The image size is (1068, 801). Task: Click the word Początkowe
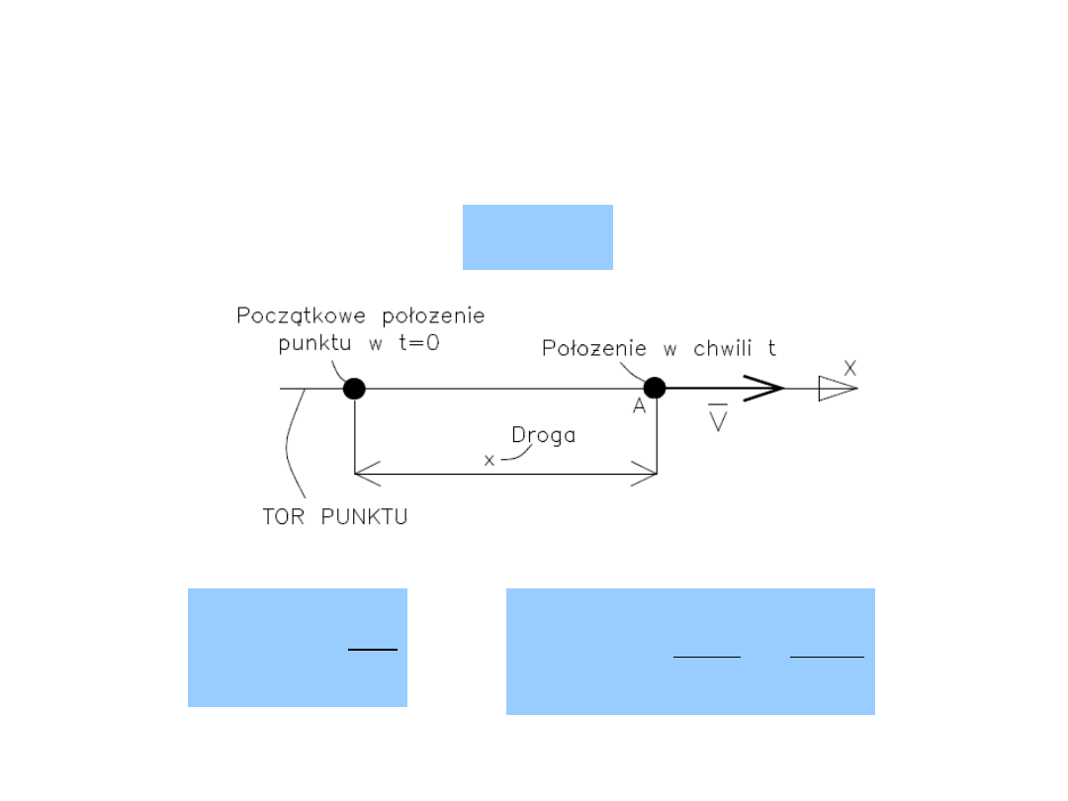click(288, 316)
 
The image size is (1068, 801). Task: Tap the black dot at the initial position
click(354, 389)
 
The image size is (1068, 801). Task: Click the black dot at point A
click(655, 389)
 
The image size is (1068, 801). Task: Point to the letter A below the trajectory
click(640, 407)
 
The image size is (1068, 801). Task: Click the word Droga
click(543, 435)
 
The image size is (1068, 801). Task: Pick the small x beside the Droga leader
click(489, 460)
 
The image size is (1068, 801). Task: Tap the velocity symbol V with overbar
click(719, 420)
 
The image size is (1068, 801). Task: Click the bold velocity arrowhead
click(765, 389)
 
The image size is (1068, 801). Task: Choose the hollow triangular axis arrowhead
click(837, 389)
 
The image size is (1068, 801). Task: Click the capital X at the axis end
click(850, 368)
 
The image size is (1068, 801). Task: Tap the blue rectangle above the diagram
click(537, 237)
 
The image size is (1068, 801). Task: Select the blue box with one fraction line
click(297, 648)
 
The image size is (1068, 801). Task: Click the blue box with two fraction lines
click(690, 651)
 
